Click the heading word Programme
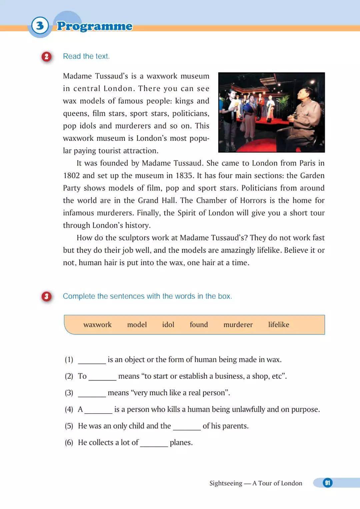click(94, 26)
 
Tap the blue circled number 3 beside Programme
click(40, 26)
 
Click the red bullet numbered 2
click(46, 57)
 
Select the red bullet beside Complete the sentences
click(46, 296)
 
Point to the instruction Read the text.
click(86, 56)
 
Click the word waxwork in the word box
click(97, 325)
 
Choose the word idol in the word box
click(168, 325)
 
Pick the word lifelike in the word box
click(279, 325)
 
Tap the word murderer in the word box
click(238, 325)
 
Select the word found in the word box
click(199, 325)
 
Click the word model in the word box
click(137, 325)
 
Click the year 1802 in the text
click(71, 176)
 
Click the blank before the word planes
click(154, 444)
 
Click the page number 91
click(327, 483)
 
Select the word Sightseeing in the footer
click(226, 483)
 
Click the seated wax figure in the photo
click(302, 117)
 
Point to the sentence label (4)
click(69, 409)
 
